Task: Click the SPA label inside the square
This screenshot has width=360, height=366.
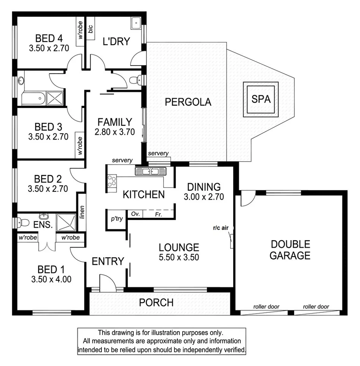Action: (260, 99)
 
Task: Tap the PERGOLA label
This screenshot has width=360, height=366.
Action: (188, 102)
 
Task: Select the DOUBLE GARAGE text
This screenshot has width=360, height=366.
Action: (290, 250)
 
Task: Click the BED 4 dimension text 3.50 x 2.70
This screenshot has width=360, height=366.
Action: (49, 48)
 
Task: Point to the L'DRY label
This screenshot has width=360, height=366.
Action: (116, 42)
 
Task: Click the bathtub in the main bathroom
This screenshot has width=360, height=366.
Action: (33, 99)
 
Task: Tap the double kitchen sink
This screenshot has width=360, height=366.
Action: (151, 172)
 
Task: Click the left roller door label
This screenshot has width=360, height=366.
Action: (266, 307)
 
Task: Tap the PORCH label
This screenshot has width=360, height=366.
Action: (156, 302)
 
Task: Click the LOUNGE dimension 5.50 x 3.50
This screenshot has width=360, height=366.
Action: (179, 257)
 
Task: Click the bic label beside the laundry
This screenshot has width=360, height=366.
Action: (91, 29)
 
